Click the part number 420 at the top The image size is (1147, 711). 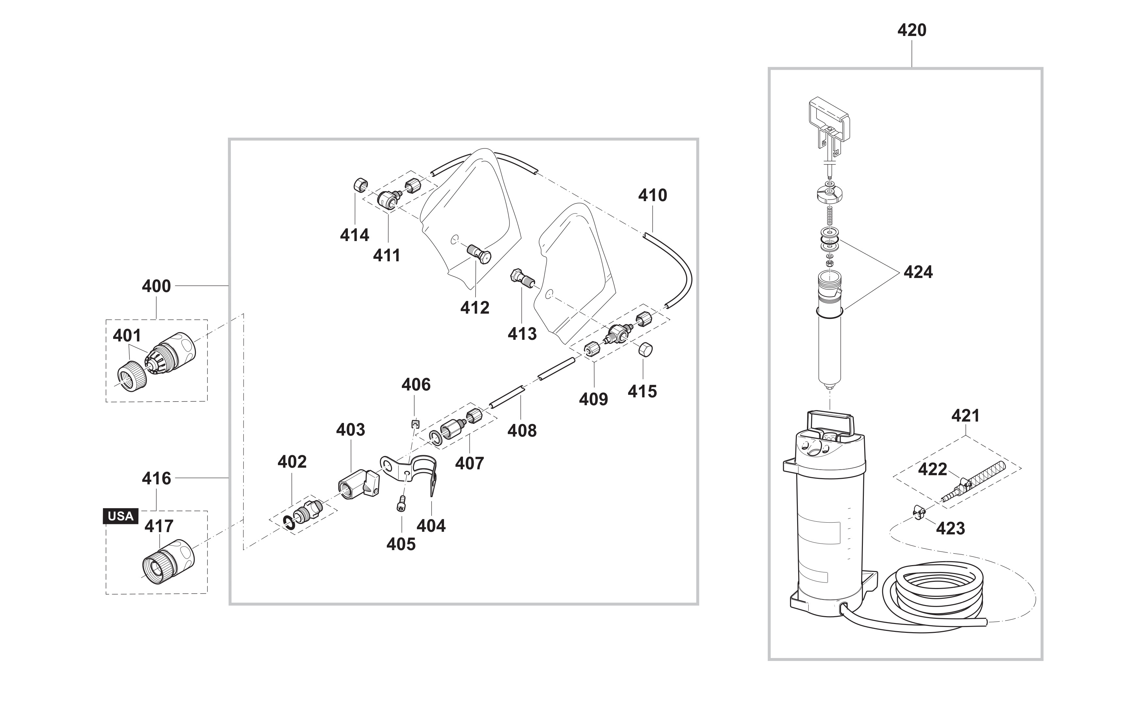[x=912, y=30]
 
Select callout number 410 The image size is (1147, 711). [x=653, y=195]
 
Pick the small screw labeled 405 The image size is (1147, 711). [x=401, y=504]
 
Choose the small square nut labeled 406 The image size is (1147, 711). [x=414, y=424]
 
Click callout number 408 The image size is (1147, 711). [x=522, y=430]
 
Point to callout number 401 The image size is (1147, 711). [x=127, y=336]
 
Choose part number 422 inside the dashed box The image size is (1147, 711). [x=933, y=469]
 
